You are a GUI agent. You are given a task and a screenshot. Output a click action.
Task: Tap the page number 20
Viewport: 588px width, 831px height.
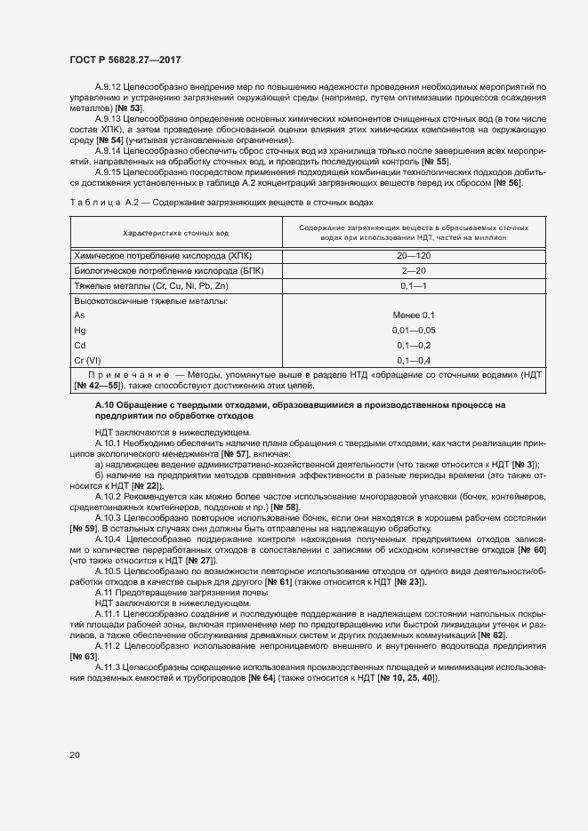(x=75, y=755)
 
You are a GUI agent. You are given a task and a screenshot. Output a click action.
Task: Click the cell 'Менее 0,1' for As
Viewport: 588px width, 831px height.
(x=414, y=316)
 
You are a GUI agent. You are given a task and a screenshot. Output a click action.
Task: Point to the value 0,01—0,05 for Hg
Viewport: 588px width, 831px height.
(x=414, y=330)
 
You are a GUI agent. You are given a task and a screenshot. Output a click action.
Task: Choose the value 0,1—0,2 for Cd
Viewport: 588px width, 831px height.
(x=414, y=345)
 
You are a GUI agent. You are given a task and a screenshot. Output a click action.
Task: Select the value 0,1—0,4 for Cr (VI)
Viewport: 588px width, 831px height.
(x=414, y=360)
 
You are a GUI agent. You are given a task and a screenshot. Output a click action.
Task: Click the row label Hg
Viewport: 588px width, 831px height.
(x=79, y=330)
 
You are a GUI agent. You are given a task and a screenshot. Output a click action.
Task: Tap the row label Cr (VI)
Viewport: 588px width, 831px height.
(x=86, y=360)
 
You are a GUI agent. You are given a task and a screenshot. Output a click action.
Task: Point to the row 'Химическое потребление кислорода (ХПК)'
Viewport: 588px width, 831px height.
(x=163, y=256)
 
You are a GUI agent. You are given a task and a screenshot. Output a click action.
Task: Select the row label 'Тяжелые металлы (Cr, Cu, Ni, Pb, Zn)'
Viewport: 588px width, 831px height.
(x=151, y=285)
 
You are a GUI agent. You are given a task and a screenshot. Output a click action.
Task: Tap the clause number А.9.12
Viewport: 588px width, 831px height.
(x=108, y=86)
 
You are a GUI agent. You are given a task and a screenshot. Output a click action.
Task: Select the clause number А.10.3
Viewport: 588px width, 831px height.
(x=107, y=516)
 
